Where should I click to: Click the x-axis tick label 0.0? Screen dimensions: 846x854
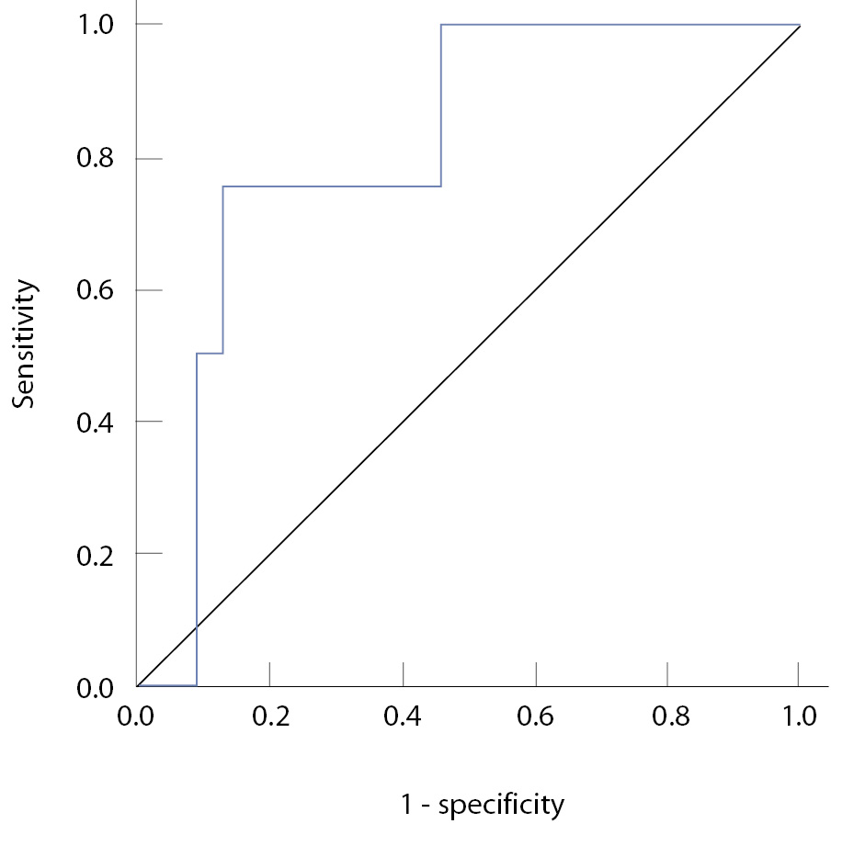point(137,716)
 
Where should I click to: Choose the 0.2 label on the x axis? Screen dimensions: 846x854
point(269,716)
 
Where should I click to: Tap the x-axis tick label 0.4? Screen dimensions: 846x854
point(403,716)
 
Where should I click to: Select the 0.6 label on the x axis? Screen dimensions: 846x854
point(535,716)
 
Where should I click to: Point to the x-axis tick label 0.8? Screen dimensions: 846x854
point(668,716)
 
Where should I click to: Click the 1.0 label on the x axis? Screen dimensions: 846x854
point(800,716)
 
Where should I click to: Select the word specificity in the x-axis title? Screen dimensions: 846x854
point(501,807)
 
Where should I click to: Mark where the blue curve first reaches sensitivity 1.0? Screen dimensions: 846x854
point(441,25)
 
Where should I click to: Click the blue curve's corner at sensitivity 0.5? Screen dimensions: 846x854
point(197,354)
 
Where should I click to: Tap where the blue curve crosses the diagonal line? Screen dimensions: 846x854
point(197,626)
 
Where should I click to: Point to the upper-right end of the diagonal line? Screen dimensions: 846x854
point(800,26)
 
